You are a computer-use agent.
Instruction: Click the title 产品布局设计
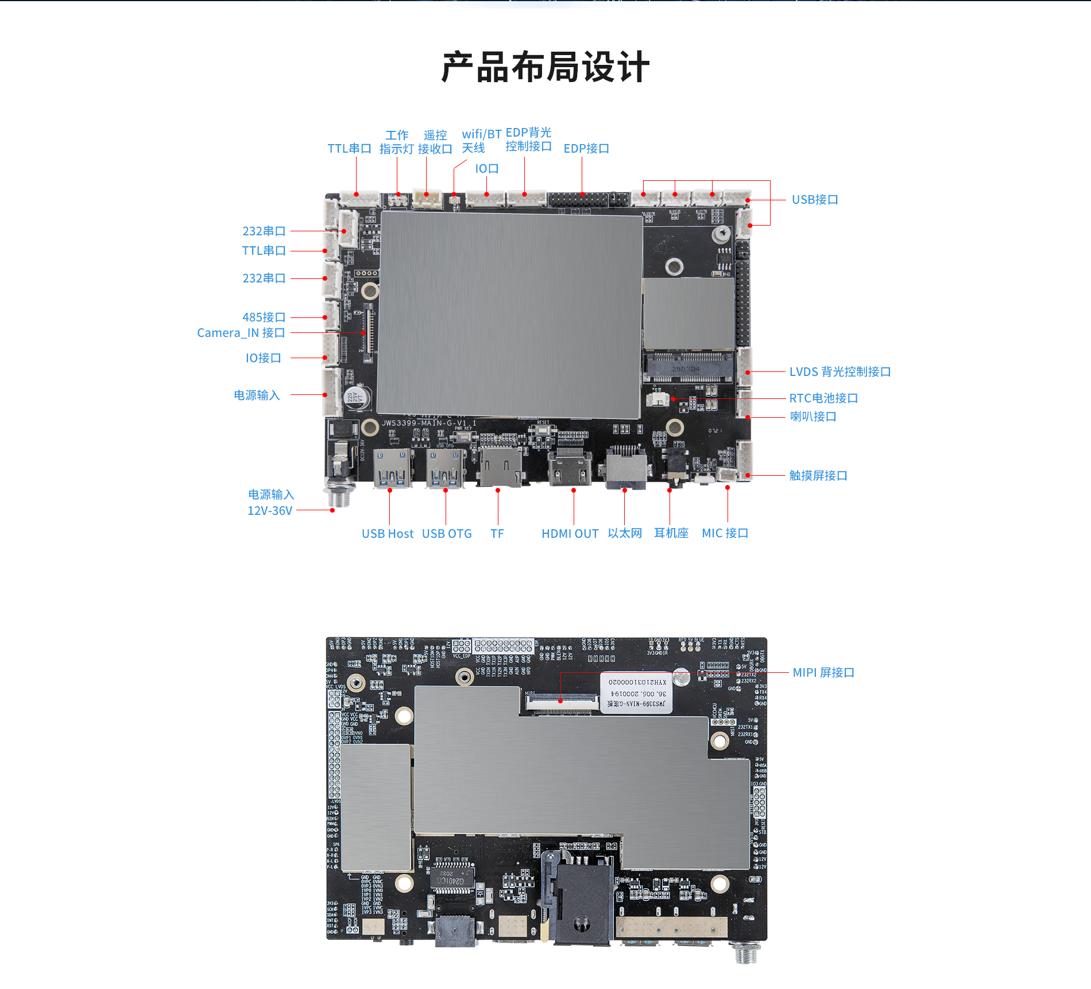click(545, 67)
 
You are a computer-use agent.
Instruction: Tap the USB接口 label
click(815, 200)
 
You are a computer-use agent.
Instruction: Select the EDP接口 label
click(586, 149)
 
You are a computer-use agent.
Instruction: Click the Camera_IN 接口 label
click(241, 333)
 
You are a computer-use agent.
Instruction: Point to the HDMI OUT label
click(570, 534)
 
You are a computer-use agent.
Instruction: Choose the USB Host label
click(388, 534)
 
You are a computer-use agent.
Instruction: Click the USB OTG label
click(447, 534)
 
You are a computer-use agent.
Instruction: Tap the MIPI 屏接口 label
click(823, 673)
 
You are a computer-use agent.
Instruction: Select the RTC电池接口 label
click(823, 398)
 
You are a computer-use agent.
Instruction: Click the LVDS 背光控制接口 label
click(840, 372)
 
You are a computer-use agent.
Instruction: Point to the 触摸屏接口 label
click(818, 476)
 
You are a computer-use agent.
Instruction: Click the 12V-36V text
click(270, 511)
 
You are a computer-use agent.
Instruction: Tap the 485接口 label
click(264, 317)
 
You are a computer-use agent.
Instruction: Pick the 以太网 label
click(625, 533)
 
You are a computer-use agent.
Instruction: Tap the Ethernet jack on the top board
click(626, 466)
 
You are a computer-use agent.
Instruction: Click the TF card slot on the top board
click(500, 466)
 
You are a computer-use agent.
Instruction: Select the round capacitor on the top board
click(357, 397)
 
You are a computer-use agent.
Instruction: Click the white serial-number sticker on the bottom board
click(636, 693)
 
